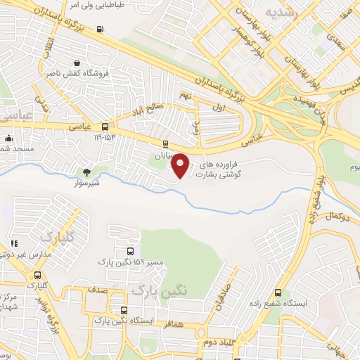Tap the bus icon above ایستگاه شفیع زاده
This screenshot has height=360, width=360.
(x=278, y=293)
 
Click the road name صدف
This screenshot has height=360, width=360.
(x=98, y=290)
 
